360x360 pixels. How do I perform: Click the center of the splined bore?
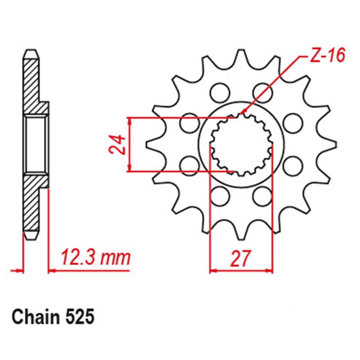click(x=241, y=144)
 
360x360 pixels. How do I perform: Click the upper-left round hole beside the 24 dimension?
click(x=189, y=123)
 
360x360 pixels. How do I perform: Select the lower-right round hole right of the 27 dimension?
click(x=261, y=197)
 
